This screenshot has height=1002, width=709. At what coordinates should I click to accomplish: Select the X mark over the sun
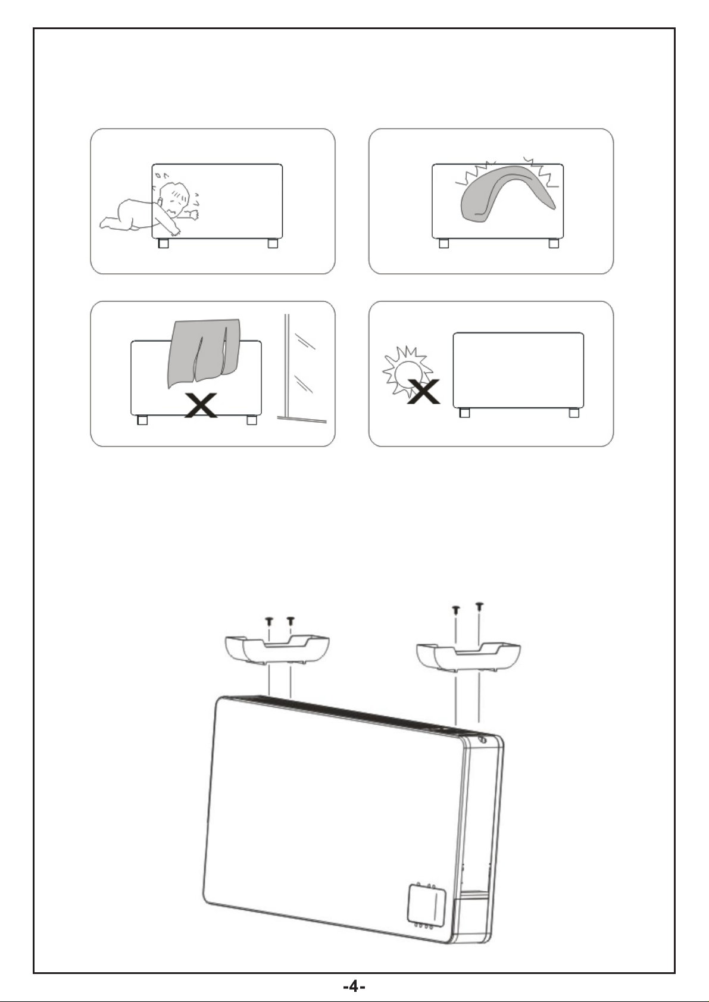pyautogui.click(x=423, y=391)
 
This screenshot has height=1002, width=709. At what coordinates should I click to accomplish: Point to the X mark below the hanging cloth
pyautogui.click(x=202, y=405)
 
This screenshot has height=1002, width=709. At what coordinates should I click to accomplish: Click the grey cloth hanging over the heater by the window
pyautogui.click(x=204, y=352)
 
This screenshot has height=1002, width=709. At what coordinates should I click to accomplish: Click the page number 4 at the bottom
pyautogui.click(x=354, y=986)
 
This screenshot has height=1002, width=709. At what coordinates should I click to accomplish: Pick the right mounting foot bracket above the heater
pyautogui.click(x=468, y=657)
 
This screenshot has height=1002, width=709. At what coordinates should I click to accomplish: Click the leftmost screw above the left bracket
pyautogui.click(x=269, y=622)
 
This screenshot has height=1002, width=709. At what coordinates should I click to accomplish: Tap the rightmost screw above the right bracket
pyautogui.click(x=480, y=607)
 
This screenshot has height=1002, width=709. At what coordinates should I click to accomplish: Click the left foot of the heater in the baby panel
pyautogui.click(x=164, y=244)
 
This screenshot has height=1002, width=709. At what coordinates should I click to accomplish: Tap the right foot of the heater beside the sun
pyautogui.click(x=574, y=413)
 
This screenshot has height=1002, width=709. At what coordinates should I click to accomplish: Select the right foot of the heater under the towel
pyautogui.click(x=554, y=244)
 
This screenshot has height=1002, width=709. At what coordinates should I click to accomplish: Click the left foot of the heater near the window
pyautogui.click(x=142, y=420)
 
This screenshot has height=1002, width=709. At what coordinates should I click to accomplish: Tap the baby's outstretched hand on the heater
pyautogui.click(x=194, y=215)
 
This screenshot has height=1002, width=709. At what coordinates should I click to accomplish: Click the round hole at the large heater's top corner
pyautogui.click(x=483, y=739)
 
